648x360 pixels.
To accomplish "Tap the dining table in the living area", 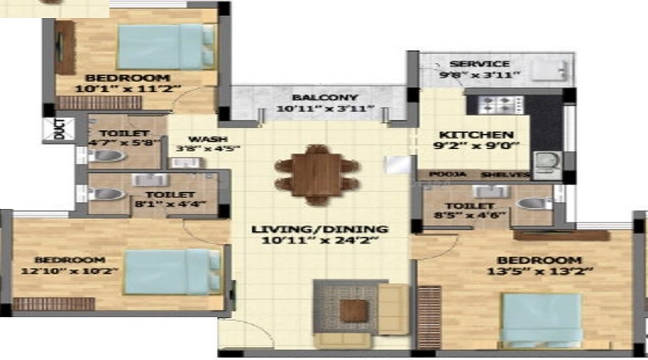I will coord(317,174).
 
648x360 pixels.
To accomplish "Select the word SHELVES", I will coord(501,174).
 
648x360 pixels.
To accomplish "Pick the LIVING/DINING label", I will coord(320,230).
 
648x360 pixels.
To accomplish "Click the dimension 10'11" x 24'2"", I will coord(320,242).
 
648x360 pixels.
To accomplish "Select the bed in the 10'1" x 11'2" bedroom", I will coord(166,46).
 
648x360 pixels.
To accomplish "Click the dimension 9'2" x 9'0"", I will coord(477,147).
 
